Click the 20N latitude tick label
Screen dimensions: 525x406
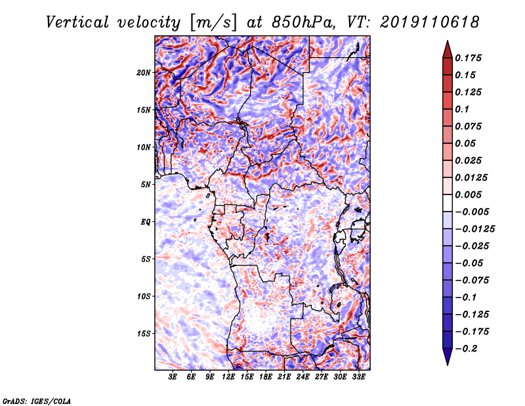143,73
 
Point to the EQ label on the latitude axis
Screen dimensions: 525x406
146,222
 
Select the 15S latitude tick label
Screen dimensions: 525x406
143,334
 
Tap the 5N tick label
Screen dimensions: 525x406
146,185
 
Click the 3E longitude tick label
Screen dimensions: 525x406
173,377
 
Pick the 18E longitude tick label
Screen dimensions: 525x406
266,377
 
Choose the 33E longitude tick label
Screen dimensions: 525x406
358,377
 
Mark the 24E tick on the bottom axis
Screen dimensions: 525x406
303,377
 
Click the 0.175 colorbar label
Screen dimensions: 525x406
468,58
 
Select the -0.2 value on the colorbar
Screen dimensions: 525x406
466,349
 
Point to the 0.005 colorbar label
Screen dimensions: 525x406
468,194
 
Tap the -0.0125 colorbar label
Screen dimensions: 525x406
474,229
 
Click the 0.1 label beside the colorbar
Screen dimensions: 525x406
462,109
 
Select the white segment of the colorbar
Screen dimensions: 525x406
448,203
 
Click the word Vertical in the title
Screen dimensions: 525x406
77,22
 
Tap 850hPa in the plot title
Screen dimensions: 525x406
303,22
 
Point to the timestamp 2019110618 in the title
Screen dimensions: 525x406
430,22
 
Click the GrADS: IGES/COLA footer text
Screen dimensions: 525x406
37,401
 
